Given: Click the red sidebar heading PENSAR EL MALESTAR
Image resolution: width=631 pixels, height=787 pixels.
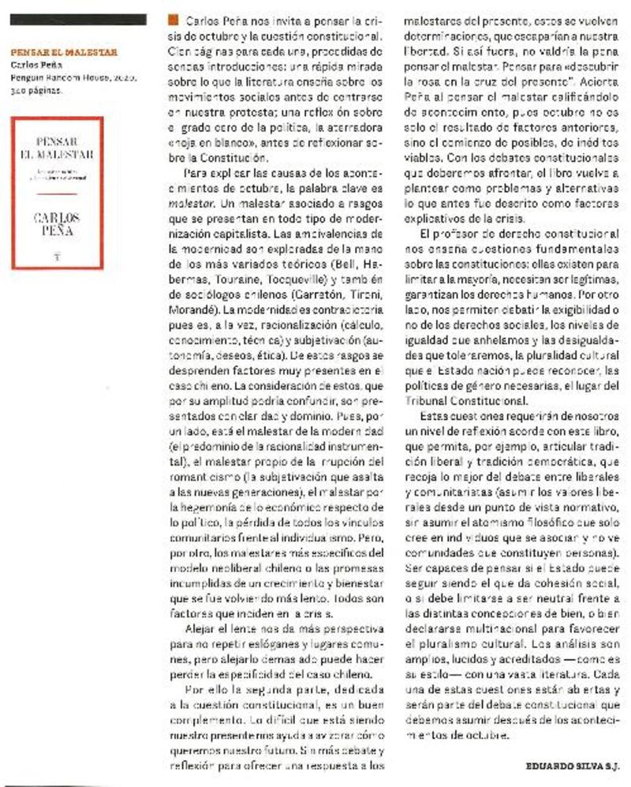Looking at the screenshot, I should click(x=65, y=53).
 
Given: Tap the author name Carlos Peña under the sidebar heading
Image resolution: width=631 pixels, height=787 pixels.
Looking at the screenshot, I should click(x=32, y=66).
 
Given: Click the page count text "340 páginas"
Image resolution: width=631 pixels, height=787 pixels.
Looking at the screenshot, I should click(x=36, y=91).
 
